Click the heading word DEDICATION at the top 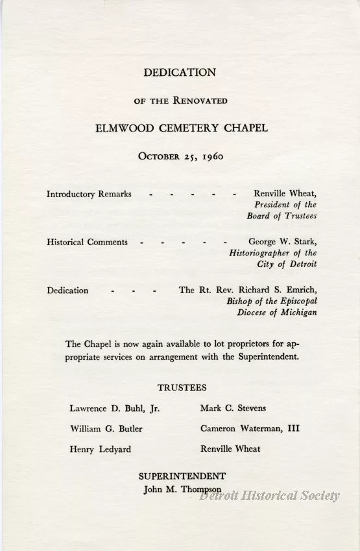click(x=180, y=73)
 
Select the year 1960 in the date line click(x=213, y=156)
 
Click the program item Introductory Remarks click(x=90, y=194)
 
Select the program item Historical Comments click(x=88, y=242)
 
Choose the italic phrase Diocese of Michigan click(x=277, y=312)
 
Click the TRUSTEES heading click(x=182, y=388)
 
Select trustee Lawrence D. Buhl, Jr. click(x=115, y=408)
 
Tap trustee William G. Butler click(x=106, y=428)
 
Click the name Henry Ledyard click(x=100, y=449)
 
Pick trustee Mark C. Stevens click(x=234, y=408)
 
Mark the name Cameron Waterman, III click(x=250, y=428)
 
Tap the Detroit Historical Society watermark click(x=269, y=496)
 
